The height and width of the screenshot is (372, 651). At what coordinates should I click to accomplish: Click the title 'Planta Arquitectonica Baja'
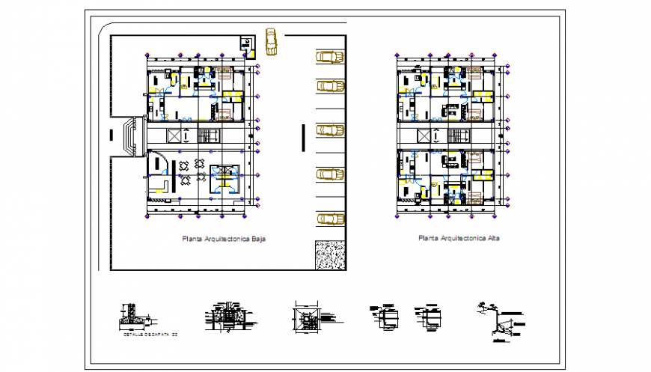coord(224,239)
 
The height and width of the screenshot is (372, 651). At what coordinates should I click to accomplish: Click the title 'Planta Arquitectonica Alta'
coord(459,239)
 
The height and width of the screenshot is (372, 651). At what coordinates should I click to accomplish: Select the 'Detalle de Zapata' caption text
coord(150,334)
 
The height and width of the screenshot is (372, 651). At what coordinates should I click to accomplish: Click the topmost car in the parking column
coord(329,57)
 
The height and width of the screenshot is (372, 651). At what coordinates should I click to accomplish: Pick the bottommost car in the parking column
coord(329,219)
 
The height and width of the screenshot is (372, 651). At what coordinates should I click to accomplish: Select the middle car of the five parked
coord(329,130)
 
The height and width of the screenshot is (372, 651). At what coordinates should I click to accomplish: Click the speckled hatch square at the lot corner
coord(329,254)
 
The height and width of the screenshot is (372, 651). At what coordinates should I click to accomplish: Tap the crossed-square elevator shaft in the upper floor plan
coord(430,135)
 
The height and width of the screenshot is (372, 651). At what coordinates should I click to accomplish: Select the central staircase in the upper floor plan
coord(457,135)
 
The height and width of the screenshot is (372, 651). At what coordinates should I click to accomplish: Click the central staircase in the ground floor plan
coord(207,135)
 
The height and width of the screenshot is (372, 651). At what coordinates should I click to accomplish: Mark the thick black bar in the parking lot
coord(303,137)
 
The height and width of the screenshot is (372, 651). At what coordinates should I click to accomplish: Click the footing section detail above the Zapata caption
coord(132,318)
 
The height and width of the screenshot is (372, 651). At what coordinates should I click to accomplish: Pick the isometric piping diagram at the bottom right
coord(499,320)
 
